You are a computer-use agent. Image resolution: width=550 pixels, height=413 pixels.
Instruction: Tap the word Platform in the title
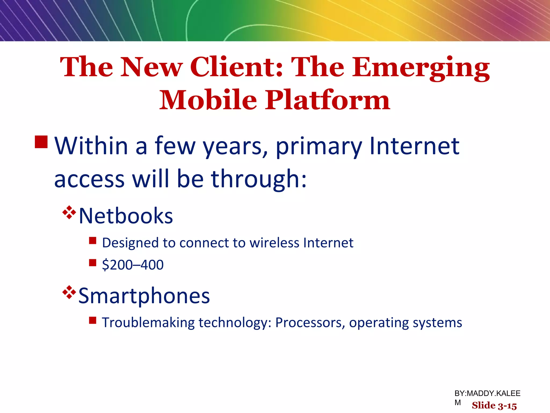click(328, 100)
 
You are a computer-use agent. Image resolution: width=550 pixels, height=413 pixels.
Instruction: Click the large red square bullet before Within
click(41, 142)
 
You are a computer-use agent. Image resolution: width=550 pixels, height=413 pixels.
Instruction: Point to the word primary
click(319, 147)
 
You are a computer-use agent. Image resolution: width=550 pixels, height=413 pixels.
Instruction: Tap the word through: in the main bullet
click(258, 179)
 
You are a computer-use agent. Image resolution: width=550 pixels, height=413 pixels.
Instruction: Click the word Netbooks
click(126, 216)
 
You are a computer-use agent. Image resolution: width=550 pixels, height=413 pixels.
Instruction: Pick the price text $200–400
click(133, 265)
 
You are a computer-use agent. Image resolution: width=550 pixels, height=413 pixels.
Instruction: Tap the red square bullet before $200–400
click(93, 262)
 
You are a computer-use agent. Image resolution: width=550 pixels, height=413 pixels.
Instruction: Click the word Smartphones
click(144, 296)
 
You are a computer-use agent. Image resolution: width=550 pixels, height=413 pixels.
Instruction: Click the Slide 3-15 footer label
click(494, 405)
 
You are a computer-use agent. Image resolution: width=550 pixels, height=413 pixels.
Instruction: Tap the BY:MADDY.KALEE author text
click(487, 393)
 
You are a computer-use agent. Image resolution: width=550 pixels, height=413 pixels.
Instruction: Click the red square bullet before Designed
click(93, 240)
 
